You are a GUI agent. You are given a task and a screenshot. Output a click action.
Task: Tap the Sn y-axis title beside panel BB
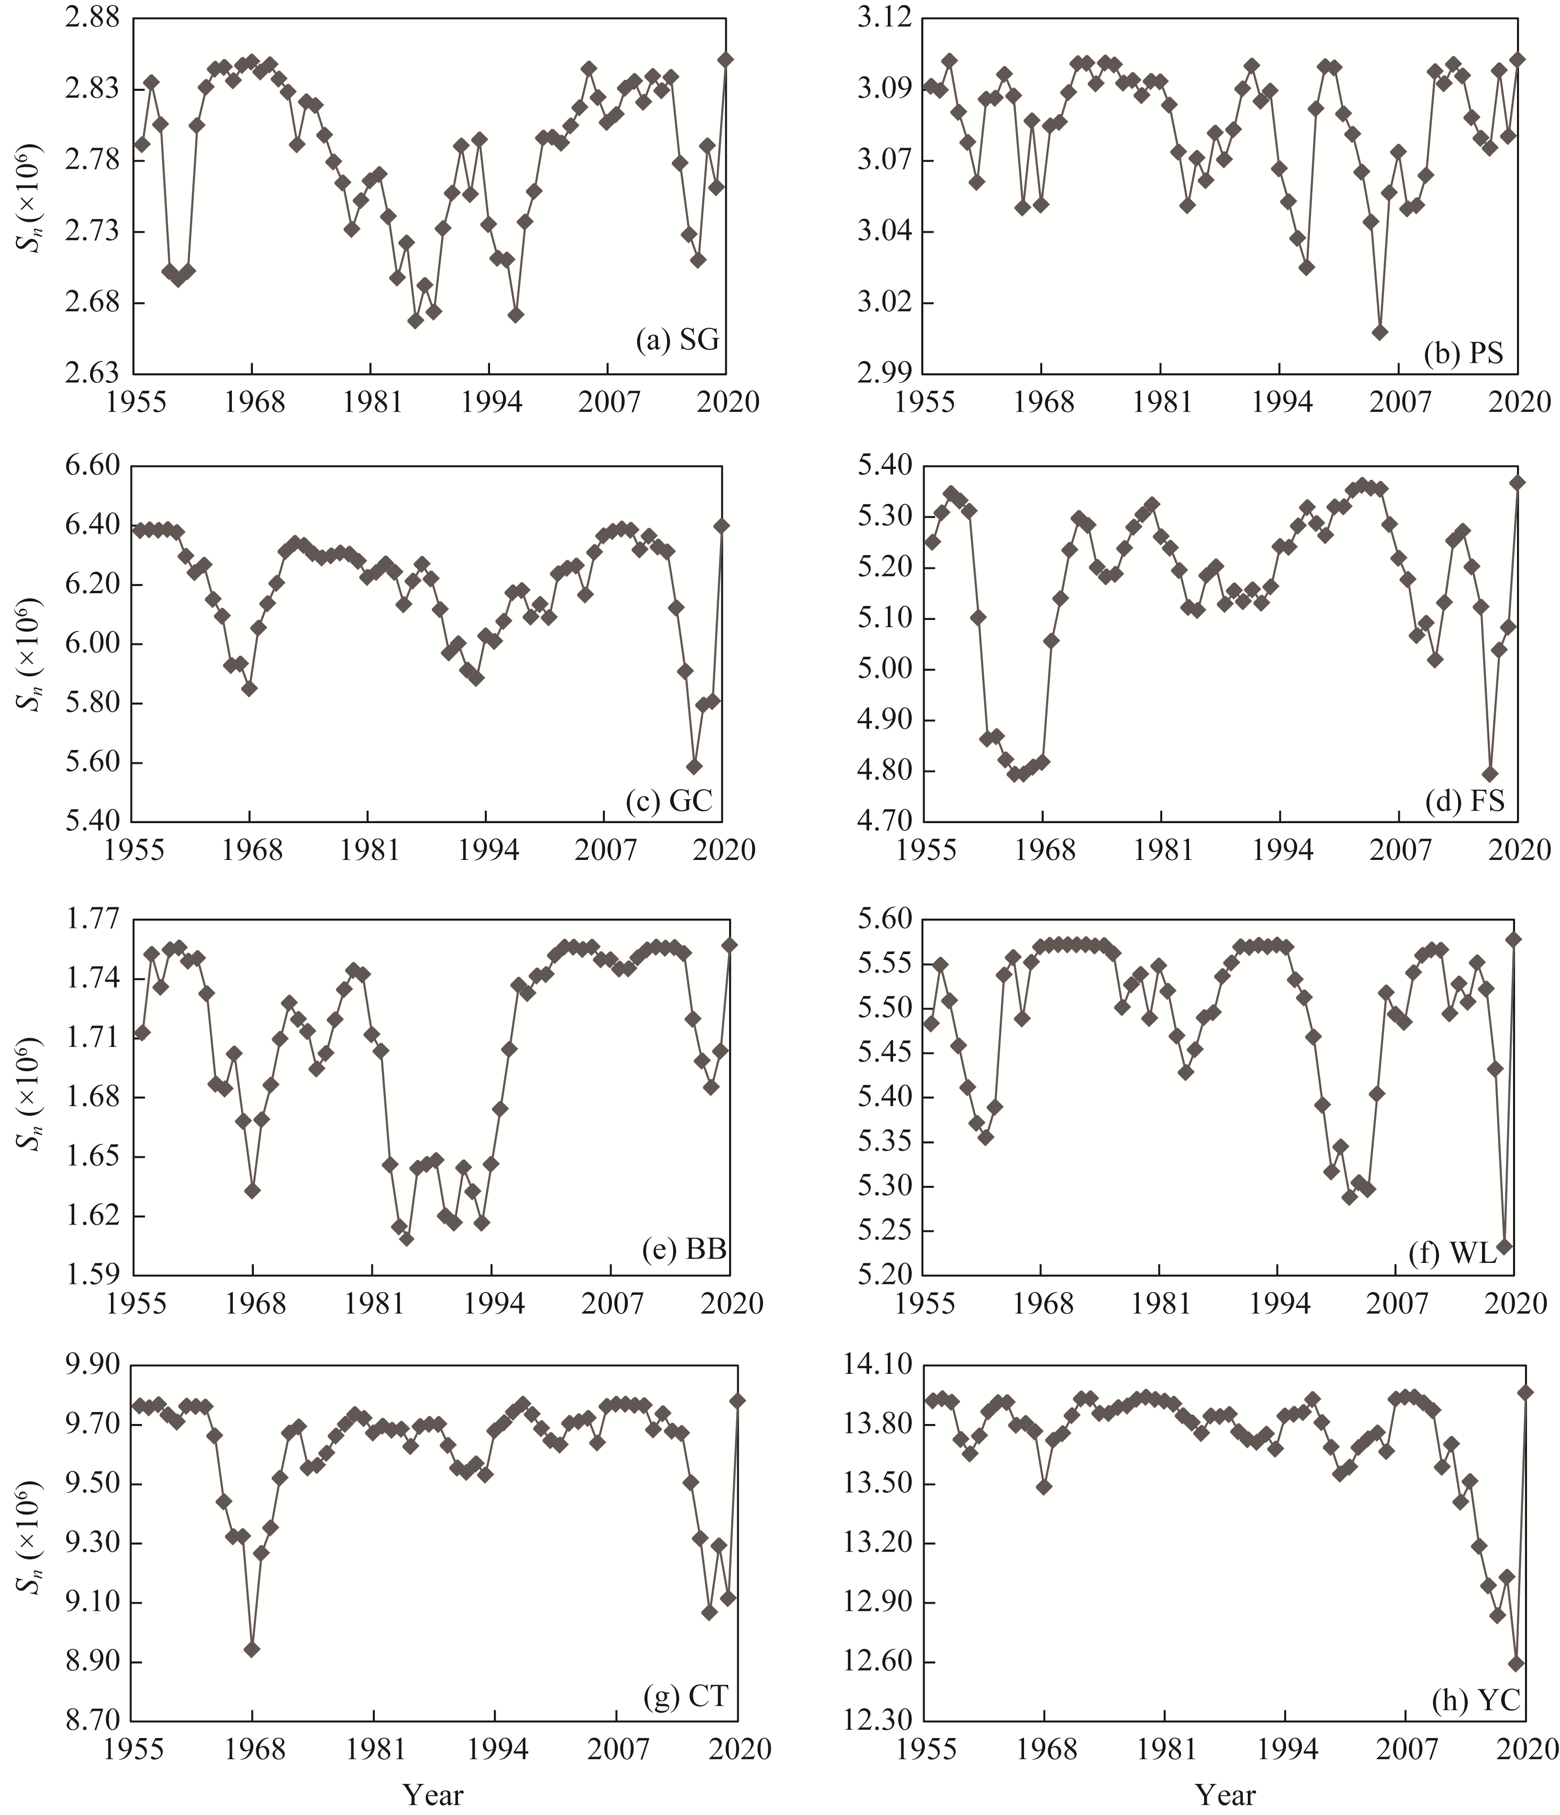click(33, 1098)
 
